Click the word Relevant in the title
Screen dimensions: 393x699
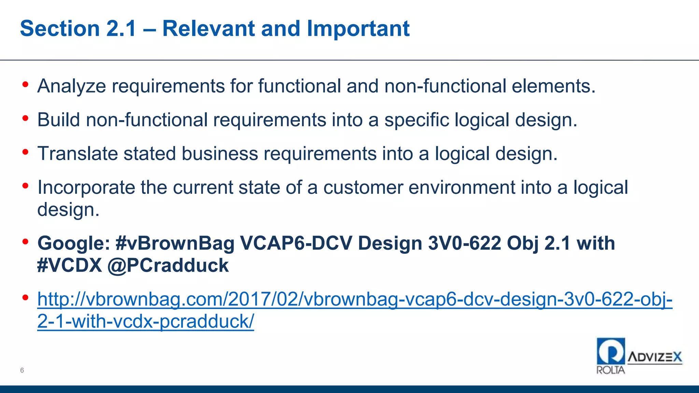coord(208,28)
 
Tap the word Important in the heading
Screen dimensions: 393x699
coord(358,28)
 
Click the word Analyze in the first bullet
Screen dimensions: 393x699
coord(72,86)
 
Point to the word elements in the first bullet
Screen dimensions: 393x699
coord(553,86)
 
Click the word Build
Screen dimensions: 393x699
coord(58,120)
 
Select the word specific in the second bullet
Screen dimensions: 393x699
coord(416,120)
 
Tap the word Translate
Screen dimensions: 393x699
coord(77,154)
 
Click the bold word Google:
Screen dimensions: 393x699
coord(73,243)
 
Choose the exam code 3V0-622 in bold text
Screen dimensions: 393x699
coord(464,243)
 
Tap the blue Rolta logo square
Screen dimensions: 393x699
coord(611,351)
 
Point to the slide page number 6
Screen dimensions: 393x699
coord(22,370)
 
